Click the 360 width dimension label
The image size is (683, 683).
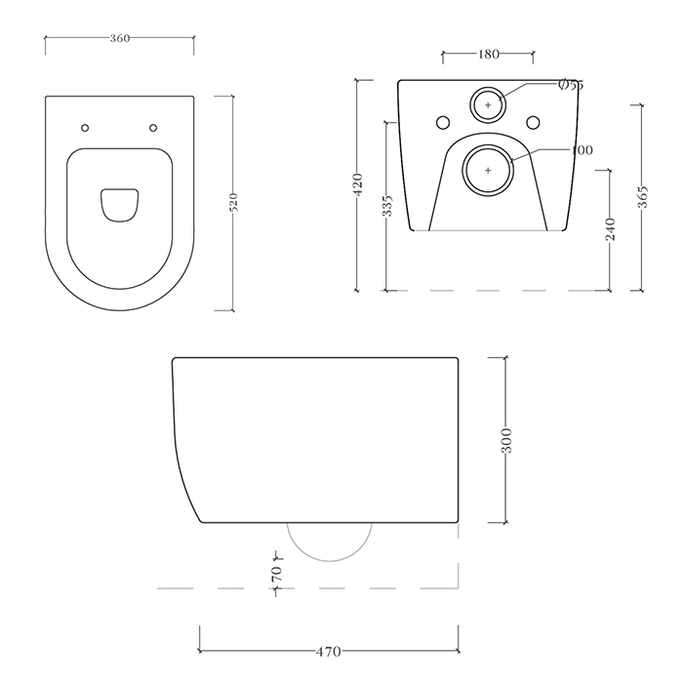pos(119,38)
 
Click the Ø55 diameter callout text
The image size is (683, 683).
pos(570,86)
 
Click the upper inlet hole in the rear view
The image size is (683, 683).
pos(488,103)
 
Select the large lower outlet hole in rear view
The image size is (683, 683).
pos(488,169)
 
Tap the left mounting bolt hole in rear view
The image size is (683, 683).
pos(443,123)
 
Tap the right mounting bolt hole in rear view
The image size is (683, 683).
pos(533,123)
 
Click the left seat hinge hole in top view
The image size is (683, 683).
pos(86,128)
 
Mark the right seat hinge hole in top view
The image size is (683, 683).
pos(153,128)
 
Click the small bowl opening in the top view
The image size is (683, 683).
pos(119,202)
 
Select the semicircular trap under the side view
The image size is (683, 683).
pos(332,542)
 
